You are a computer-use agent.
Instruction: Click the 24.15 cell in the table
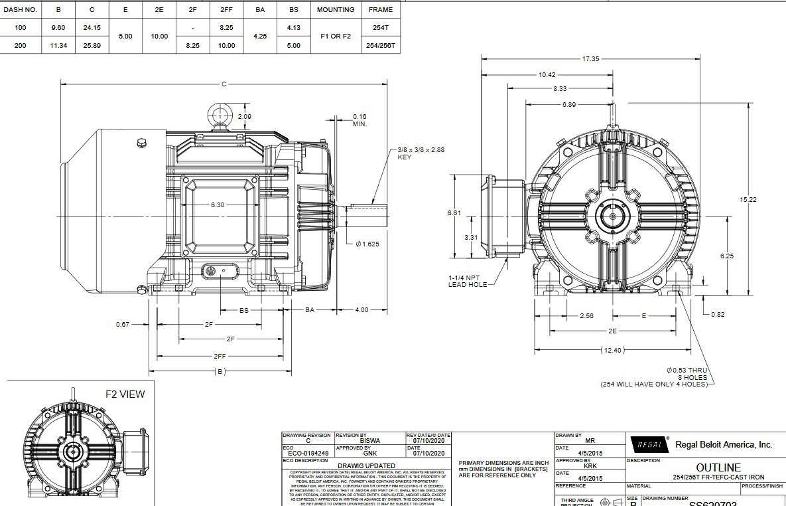92,28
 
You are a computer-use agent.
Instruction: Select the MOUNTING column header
336,10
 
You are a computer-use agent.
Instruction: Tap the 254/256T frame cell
381,46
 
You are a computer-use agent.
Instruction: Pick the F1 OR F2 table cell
336,37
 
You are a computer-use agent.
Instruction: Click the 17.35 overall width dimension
590,59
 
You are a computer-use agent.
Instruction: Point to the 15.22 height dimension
748,200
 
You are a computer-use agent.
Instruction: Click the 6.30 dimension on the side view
218,205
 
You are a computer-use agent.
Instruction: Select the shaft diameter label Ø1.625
367,244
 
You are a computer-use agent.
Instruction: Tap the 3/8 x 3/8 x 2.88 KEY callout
421,153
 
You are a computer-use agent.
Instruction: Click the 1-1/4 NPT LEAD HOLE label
468,281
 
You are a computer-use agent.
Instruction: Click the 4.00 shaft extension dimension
361,310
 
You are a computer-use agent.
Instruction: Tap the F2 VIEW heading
125,394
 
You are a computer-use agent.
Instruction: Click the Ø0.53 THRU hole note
687,370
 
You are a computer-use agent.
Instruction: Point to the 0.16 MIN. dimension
360,120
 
